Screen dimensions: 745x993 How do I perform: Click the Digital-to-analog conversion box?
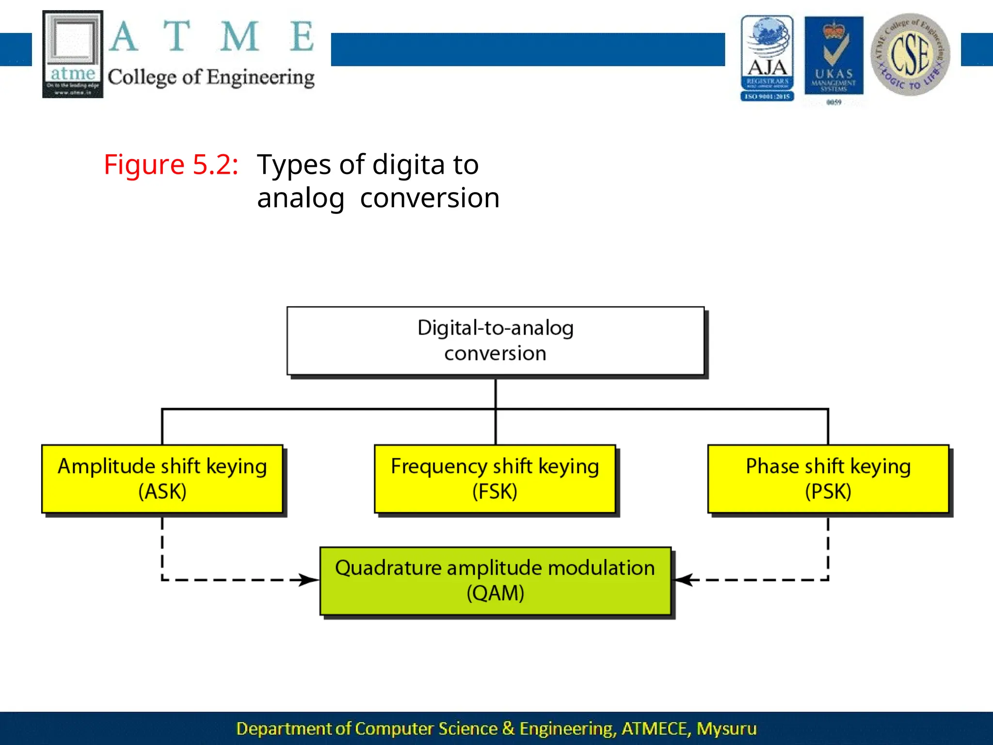pyautogui.click(x=495, y=340)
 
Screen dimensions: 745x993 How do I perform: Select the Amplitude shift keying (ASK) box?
pyautogui.click(x=162, y=479)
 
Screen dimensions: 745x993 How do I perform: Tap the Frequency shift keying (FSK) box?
pyautogui.click(x=495, y=479)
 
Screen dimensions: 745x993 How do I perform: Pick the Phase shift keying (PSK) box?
pyautogui.click(x=828, y=479)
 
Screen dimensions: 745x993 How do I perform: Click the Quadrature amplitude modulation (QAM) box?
pyautogui.click(x=495, y=581)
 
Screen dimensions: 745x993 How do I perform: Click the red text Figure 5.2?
pyautogui.click(x=171, y=164)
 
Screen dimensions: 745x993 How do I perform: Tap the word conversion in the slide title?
pyautogui.click(x=430, y=198)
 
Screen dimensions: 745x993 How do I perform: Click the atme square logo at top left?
pyautogui.click(x=73, y=54)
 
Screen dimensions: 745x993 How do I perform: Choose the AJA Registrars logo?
pyautogui.click(x=767, y=58)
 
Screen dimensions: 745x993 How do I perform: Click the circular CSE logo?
pyautogui.click(x=910, y=55)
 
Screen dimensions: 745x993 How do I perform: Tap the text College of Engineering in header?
pyautogui.click(x=211, y=78)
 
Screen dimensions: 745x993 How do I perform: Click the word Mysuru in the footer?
pyautogui.click(x=726, y=729)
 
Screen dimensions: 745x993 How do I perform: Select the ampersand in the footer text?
pyautogui.click(x=508, y=729)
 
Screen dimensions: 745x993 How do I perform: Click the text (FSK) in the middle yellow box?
pyautogui.click(x=495, y=491)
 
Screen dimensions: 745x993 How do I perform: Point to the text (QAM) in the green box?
pyautogui.click(x=495, y=593)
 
